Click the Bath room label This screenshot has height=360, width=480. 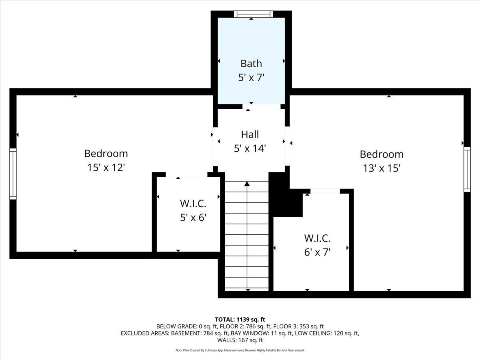(251, 63)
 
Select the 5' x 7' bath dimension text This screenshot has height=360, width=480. (251, 78)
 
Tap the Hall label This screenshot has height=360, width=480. (250, 134)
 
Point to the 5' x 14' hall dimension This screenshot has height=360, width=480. (250, 148)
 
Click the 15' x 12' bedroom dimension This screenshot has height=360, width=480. (106, 168)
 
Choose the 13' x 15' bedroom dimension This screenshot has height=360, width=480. (381, 168)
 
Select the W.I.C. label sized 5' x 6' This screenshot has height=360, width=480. (193, 204)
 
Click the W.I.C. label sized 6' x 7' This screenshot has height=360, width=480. (317, 238)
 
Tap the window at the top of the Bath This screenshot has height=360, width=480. (253, 14)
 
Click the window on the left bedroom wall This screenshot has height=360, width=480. (13, 174)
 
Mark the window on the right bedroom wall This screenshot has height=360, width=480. (467, 169)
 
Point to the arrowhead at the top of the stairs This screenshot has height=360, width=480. (247, 184)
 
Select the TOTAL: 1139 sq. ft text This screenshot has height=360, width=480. (240, 319)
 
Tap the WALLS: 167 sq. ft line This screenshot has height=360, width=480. (240, 340)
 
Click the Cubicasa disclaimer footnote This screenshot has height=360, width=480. (240, 350)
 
